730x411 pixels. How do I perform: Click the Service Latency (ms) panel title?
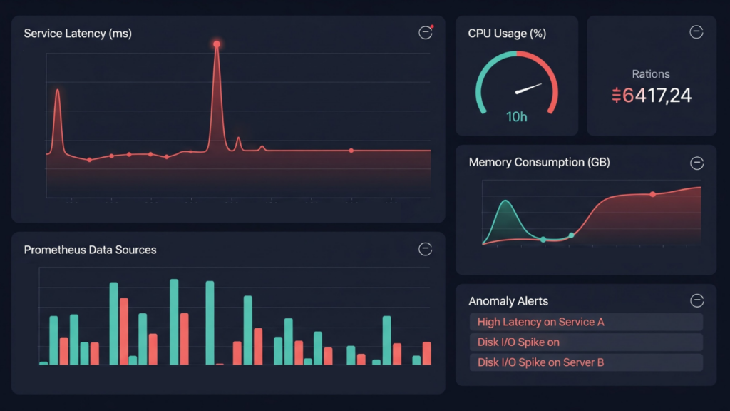click(x=78, y=34)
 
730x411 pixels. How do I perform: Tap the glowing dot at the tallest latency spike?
click(x=216, y=44)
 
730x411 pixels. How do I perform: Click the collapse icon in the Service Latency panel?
click(x=425, y=33)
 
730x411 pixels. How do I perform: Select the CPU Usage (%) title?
click(x=506, y=34)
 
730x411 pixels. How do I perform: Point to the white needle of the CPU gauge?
click(x=528, y=89)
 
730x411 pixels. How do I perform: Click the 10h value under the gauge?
click(x=517, y=116)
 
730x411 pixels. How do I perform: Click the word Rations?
click(x=651, y=74)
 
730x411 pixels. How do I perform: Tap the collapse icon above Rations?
click(x=696, y=32)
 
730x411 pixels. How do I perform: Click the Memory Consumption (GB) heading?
click(x=540, y=162)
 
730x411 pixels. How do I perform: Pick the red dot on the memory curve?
click(x=652, y=194)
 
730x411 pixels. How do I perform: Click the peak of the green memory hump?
click(x=505, y=201)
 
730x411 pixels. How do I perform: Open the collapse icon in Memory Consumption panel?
click(x=696, y=163)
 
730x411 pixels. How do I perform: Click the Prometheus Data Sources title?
click(x=90, y=250)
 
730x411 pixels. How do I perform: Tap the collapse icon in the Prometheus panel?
click(x=425, y=249)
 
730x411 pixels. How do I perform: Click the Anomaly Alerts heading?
click(x=508, y=301)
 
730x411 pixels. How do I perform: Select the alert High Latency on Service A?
click(x=540, y=322)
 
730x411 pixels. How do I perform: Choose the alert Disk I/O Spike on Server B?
click(x=540, y=362)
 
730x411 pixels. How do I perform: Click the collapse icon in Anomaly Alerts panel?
click(x=696, y=301)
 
